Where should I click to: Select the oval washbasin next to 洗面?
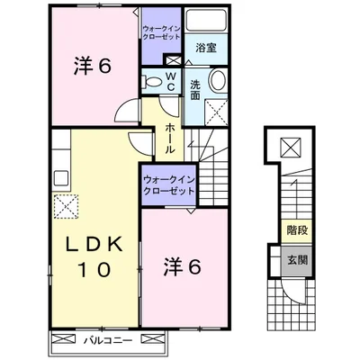click(217, 83)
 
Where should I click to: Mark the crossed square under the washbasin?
click(217, 112)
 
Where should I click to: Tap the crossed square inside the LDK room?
click(64, 209)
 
